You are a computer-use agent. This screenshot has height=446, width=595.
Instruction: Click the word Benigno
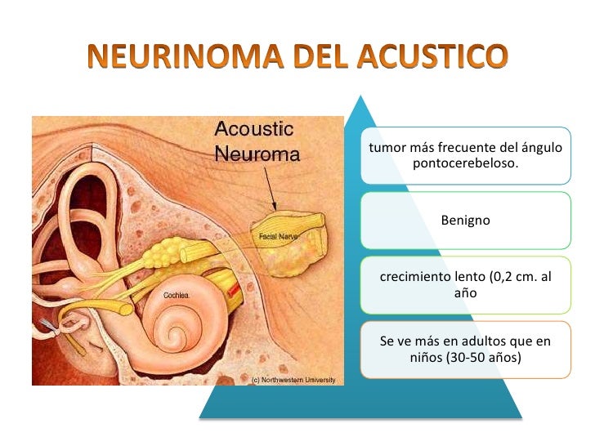point(465,220)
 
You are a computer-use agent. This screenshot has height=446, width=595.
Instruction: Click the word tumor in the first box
point(385,149)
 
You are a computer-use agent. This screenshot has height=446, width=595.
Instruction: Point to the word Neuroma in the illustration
point(257,153)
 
